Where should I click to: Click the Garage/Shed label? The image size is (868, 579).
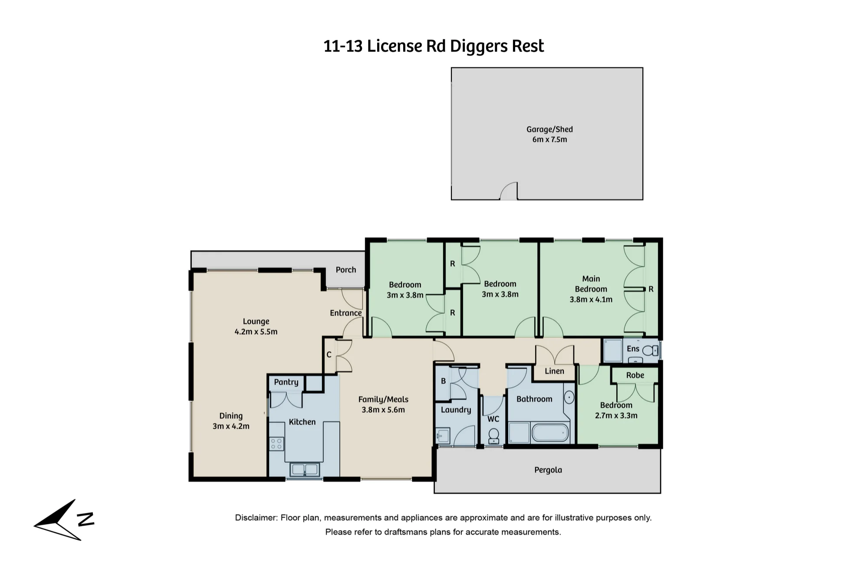pos(549,129)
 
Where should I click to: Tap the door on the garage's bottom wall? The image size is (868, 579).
pos(509,191)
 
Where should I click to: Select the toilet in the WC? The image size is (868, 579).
pos(493,436)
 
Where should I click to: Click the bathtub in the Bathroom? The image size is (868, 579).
pos(550,433)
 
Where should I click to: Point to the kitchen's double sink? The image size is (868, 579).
pos(305,469)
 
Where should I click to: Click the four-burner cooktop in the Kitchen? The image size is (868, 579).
pos(276,444)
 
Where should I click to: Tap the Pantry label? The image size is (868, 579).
pos(286,382)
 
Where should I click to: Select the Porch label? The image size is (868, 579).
pos(346,270)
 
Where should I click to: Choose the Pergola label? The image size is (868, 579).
pos(548,470)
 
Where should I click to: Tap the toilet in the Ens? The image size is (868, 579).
pos(650,350)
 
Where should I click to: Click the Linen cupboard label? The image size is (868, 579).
pos(554,371)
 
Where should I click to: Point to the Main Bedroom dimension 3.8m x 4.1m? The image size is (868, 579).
pos(591,299)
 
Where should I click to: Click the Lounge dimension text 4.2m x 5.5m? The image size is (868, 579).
pos(256,332)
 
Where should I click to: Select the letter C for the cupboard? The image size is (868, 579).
pos(329,355)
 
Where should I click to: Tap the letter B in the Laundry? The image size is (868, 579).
pos(443,381)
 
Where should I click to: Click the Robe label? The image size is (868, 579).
pos(635,375)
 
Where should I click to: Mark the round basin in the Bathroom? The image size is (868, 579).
pos(569,397)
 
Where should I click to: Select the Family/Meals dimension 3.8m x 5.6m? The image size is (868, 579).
pos(383,410)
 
